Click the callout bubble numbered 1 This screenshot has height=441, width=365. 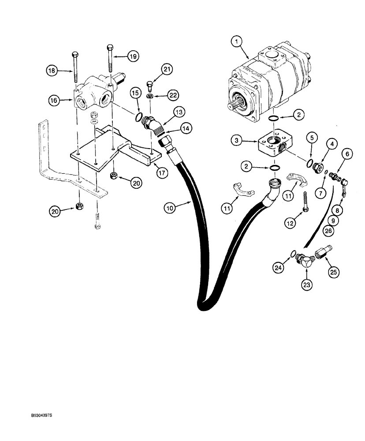click(237, 42)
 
